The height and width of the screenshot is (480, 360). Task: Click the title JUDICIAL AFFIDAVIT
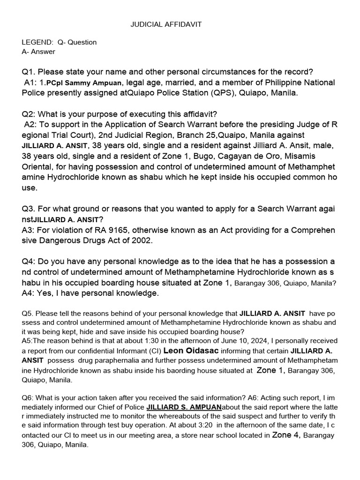[166, 24]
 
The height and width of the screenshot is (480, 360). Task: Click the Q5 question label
[27, 313]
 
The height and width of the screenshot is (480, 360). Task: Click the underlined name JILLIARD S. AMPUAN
[184, 407]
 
